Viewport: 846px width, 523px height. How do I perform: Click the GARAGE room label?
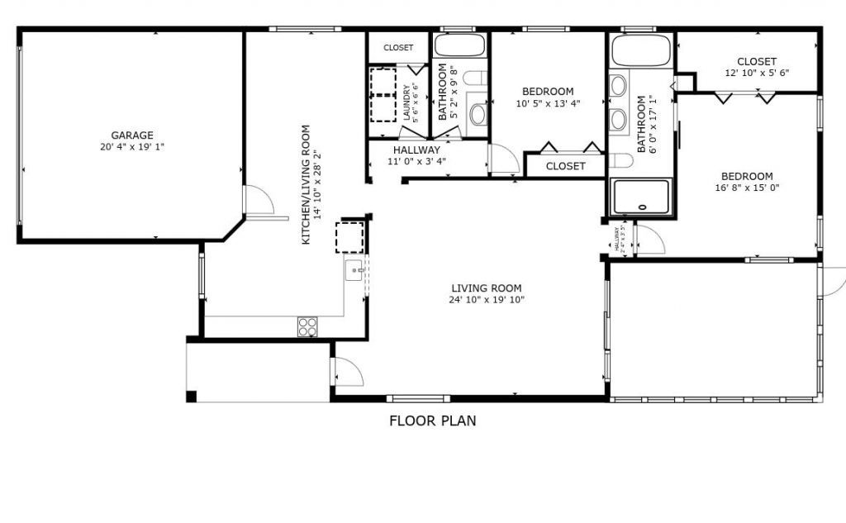coord(132,136)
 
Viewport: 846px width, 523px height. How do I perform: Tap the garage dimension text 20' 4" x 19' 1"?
coord(132,147)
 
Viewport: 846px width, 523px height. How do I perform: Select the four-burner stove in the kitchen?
coord(307,326)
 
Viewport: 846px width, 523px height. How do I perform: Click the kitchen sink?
coord(354,269)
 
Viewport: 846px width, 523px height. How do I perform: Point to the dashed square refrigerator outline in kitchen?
coord(349,237)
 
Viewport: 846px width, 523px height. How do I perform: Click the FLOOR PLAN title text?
coord(432,421)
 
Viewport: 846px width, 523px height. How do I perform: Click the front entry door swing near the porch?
coord(348,373)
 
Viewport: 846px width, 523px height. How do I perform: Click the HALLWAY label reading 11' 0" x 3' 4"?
coord(416,155)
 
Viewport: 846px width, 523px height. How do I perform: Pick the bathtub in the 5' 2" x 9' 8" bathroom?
coord(460,45)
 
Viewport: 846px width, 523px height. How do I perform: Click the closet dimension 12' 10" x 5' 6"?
coord(756,73)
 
